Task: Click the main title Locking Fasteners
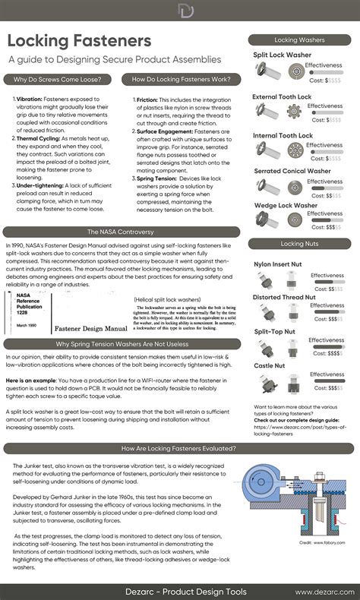(80, 40)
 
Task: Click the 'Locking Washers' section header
(302, 39)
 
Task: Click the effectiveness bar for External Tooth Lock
(324, 112)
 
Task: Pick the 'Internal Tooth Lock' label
(283, 135)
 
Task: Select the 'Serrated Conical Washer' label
(292, 171)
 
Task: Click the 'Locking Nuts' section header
(302, 244)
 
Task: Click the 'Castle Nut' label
(270, 365)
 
